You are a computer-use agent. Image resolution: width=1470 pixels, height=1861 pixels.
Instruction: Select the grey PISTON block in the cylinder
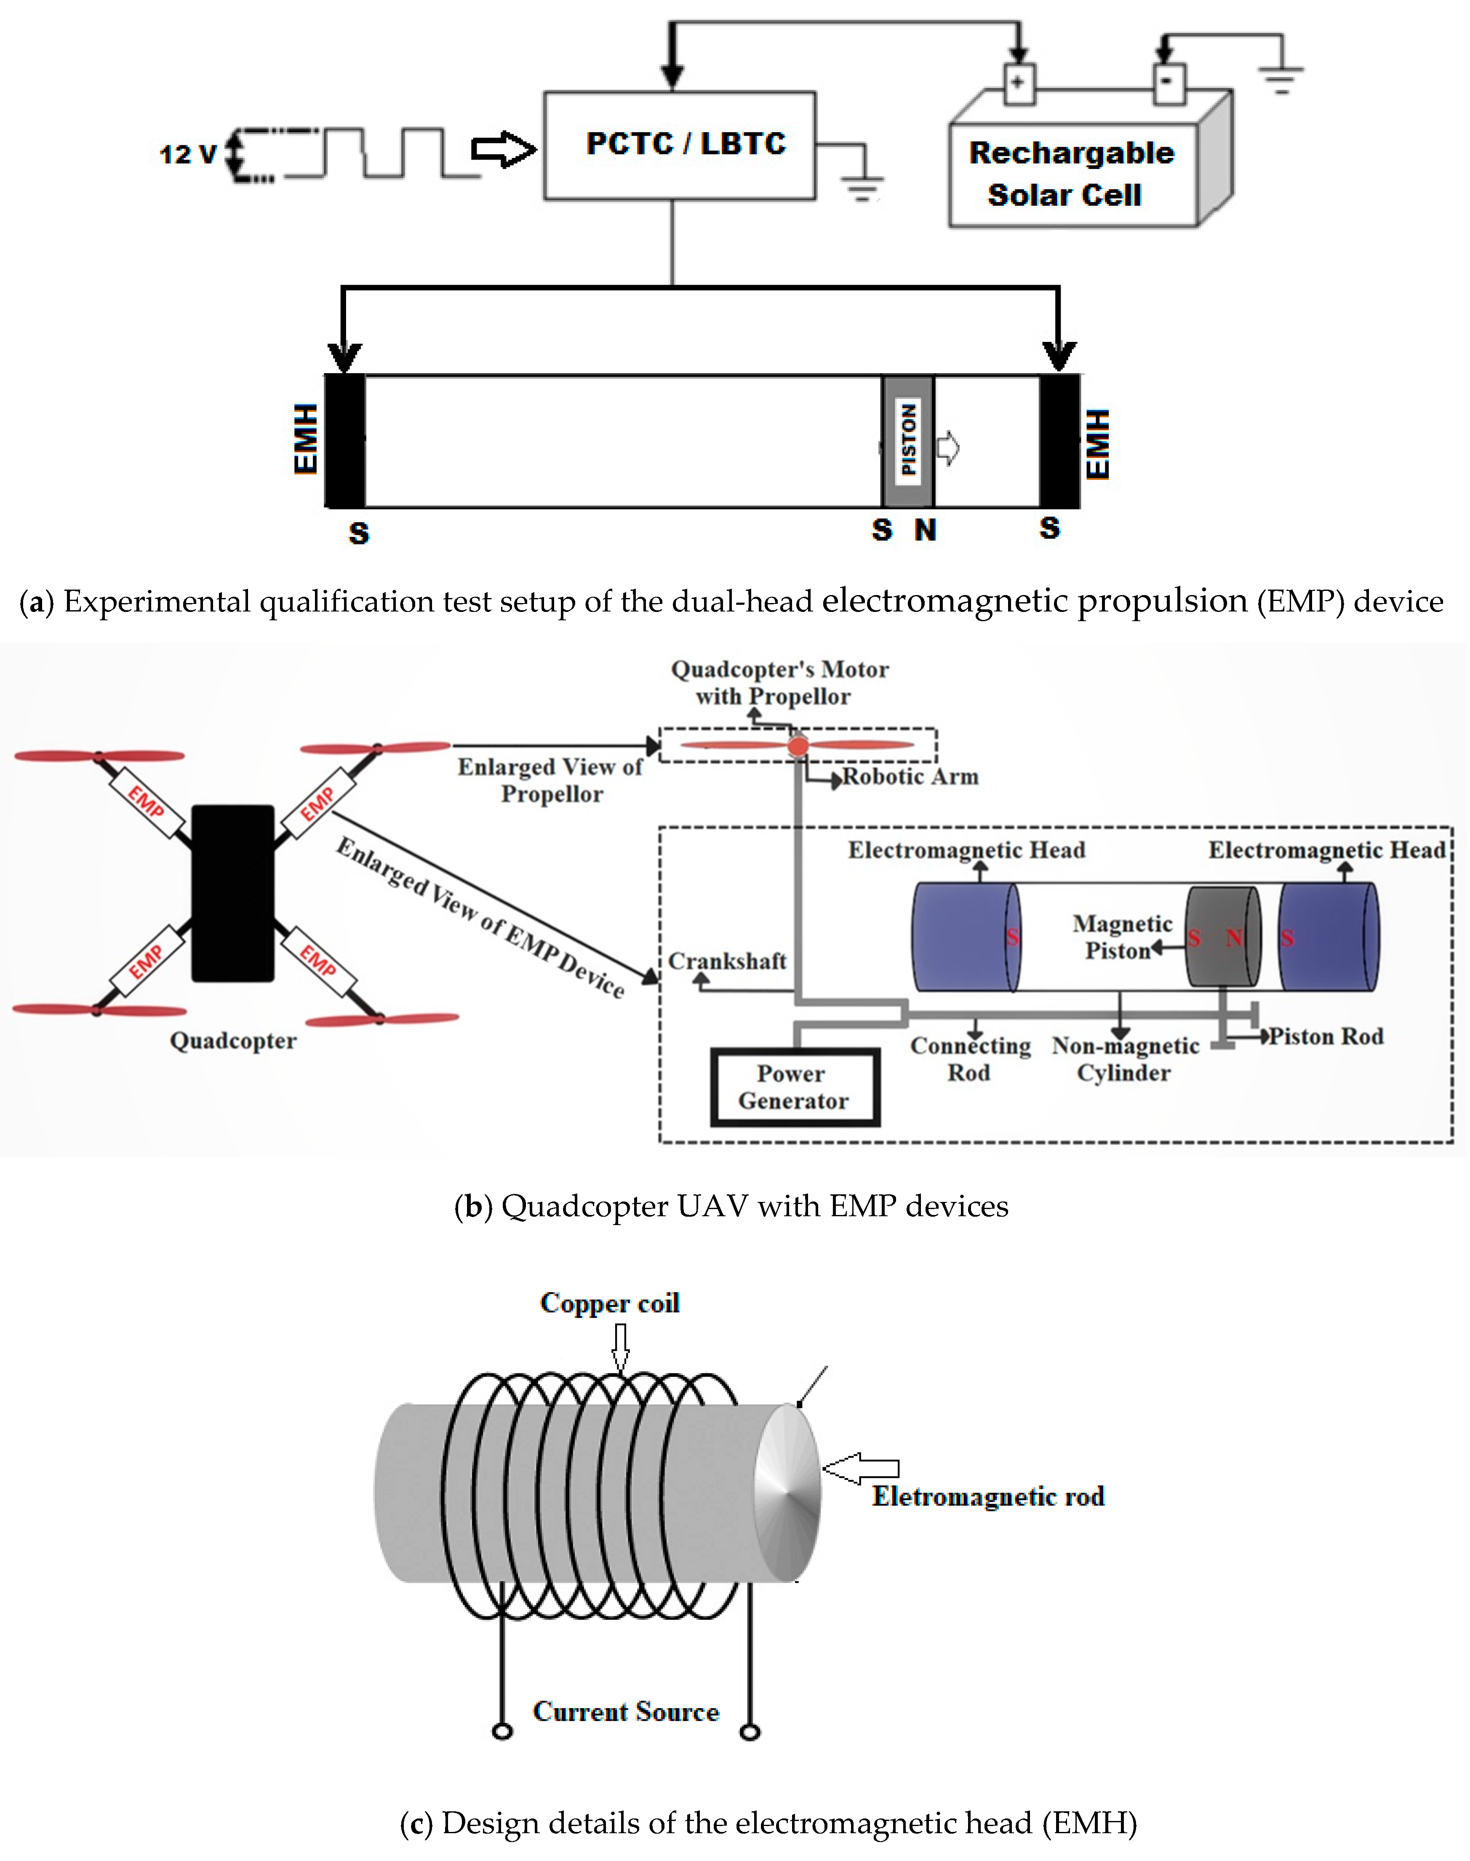[908, 441]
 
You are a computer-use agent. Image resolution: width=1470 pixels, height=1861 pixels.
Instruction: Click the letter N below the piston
[925, 530]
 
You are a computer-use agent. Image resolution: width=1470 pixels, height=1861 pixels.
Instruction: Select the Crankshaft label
[727, 961]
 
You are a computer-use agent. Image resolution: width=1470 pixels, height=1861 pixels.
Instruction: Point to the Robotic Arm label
[910, 777]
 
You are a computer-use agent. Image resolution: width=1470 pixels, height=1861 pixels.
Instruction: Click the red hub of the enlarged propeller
[798, 745]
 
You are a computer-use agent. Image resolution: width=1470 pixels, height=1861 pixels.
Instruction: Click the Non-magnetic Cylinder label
[1125, 1059]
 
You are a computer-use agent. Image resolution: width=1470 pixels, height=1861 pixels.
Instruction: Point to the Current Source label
[626, 1711]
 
